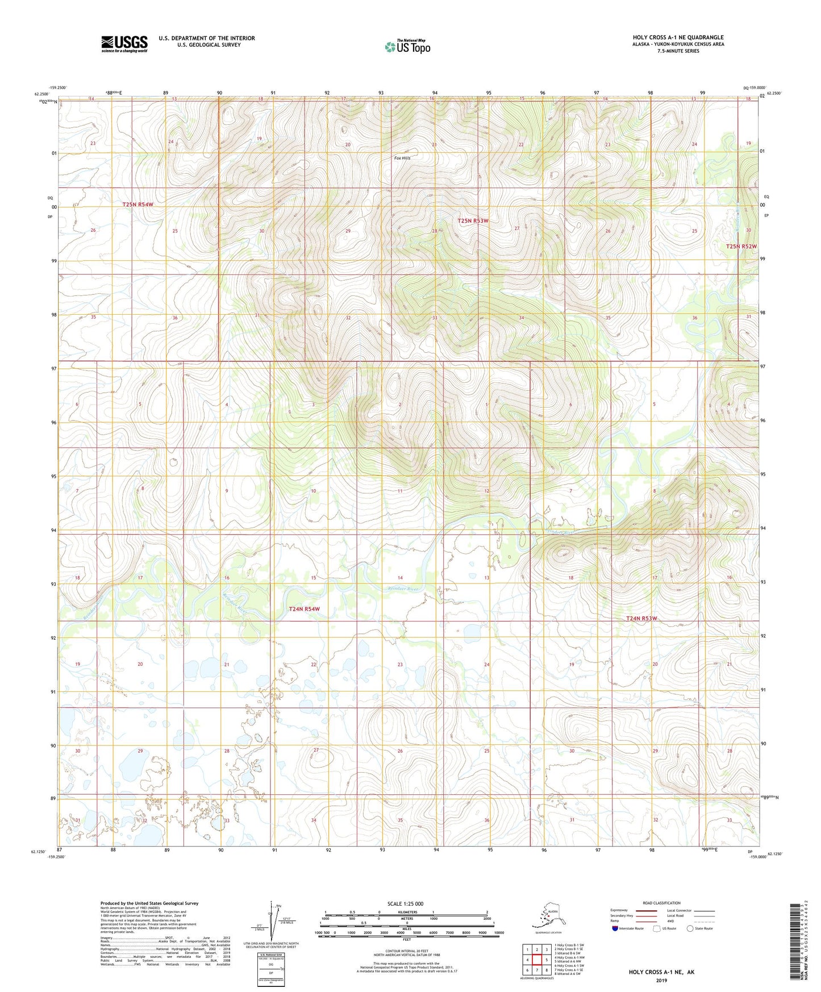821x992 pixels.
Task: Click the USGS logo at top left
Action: coord(124,44)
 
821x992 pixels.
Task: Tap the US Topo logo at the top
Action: coord(407,47)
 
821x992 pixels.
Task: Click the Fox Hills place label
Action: coord(402,158)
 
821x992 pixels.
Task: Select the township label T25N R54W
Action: coord(138,204)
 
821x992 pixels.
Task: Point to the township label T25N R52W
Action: coord(741,246)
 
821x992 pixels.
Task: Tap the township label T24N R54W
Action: coord(305,608)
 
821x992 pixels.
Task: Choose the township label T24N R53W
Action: coord(641,618)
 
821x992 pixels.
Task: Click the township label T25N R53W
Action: coord(473,220)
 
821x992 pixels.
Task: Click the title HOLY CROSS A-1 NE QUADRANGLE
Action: coord(678,37)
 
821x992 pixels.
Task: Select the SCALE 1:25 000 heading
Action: coord(406,903)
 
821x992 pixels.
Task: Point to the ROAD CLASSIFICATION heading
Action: coord(661,903)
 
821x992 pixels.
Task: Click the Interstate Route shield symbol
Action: coord(616,928)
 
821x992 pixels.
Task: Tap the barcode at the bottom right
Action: coord(797,940)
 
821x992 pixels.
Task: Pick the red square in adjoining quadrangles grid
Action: coord(537,959)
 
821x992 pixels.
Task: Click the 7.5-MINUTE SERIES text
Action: coord(678,51)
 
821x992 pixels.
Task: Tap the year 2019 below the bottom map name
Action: coord(661,980)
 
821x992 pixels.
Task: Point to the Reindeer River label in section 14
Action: coord(403,589)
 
